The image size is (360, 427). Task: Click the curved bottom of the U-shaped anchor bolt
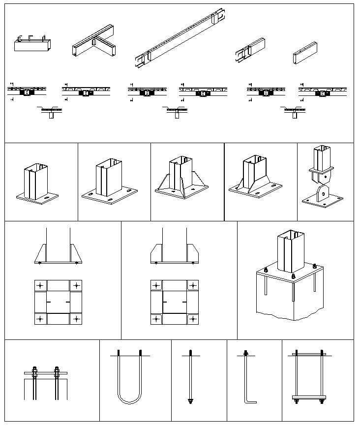[129, 402]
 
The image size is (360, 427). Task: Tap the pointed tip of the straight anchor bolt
[190, 403]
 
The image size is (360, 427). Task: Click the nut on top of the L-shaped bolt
[245, 353]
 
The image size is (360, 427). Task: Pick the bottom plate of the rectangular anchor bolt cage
[309, 397]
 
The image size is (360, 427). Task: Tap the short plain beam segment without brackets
[305, 53]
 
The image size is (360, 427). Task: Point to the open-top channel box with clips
[32, 44]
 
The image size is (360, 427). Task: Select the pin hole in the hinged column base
[322, 194]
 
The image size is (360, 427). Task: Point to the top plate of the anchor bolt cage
[309, 353]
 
